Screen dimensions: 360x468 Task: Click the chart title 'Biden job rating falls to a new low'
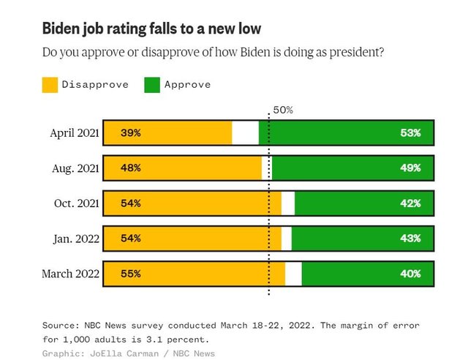(x=151, y=29)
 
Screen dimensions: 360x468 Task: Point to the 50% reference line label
(x=282, y=110)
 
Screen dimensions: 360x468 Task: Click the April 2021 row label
(x=74, y=133)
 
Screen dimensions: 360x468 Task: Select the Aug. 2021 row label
(x=75, y=168)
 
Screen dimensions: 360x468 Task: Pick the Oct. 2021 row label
(x=76, y=203)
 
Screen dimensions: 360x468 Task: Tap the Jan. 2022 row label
(x=76, y=239)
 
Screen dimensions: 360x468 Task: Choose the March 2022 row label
(x=71, y=274)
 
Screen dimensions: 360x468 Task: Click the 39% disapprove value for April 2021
(x=131, y=133)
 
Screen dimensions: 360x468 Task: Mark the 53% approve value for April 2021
(x=410, y=133)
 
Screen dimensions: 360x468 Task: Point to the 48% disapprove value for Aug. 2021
(x=131, y=168)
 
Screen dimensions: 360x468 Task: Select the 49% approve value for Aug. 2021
(x=410, y=168)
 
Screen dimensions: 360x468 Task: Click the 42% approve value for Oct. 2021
(x=410, y=203)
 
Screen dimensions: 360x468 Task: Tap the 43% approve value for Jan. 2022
(x=410, y=239)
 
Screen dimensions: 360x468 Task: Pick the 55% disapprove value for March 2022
(x=131, y=274)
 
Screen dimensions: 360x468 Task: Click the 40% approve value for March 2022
(x=410, y=274)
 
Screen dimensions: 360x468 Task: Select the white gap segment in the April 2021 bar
(x=245, y=133)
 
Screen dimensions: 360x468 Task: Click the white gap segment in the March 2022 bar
(x=293, y=274)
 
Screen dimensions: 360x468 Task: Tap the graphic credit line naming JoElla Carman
(x=128, y=353)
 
